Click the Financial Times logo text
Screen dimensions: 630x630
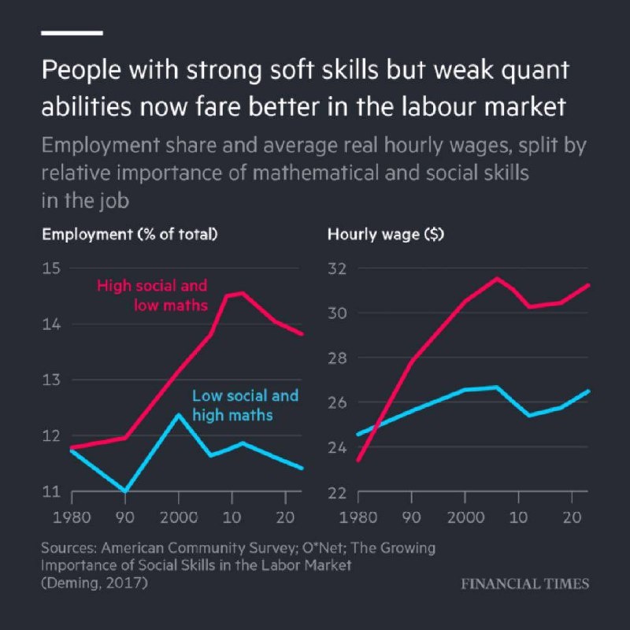coord(524,584)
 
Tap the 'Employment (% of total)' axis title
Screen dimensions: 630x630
coord(130,234)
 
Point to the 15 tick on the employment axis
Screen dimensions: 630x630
coord(52,268)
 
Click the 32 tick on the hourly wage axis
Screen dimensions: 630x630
coord(337,268)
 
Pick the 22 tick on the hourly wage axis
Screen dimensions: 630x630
coord(337,492)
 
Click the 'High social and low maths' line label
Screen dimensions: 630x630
coord(153,295)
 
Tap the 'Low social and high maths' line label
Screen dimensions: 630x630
coord(245,404)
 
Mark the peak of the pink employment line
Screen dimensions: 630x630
coord(241,293)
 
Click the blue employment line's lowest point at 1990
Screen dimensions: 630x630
coord(125,491)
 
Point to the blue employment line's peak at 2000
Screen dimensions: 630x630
coord(178,414)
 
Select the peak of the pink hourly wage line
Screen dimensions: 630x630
coord(496,278)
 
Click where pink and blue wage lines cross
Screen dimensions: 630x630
coord(379,425)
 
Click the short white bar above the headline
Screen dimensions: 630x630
coord(72,32)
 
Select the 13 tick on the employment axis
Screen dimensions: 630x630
coord(52,380)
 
